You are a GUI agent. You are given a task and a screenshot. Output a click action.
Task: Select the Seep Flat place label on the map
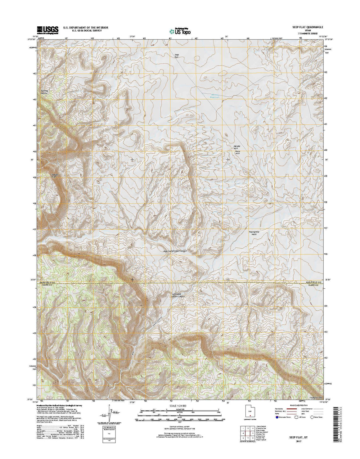pyautogui.click(x=176, y=56)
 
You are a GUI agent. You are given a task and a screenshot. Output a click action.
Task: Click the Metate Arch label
pyautogui.click(x=237, y=147)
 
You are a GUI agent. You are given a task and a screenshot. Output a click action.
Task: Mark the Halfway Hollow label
pyautogui.click(x=43, y=92)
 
